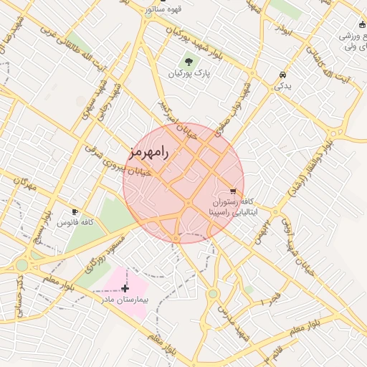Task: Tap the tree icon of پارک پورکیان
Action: click(189, 62)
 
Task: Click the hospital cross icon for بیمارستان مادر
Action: click(125, 288)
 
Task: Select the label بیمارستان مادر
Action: click(125, 301)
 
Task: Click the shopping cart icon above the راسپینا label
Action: click(232, 191)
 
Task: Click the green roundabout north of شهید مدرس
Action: click(213, 294)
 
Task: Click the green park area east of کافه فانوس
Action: click(113, 214)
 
